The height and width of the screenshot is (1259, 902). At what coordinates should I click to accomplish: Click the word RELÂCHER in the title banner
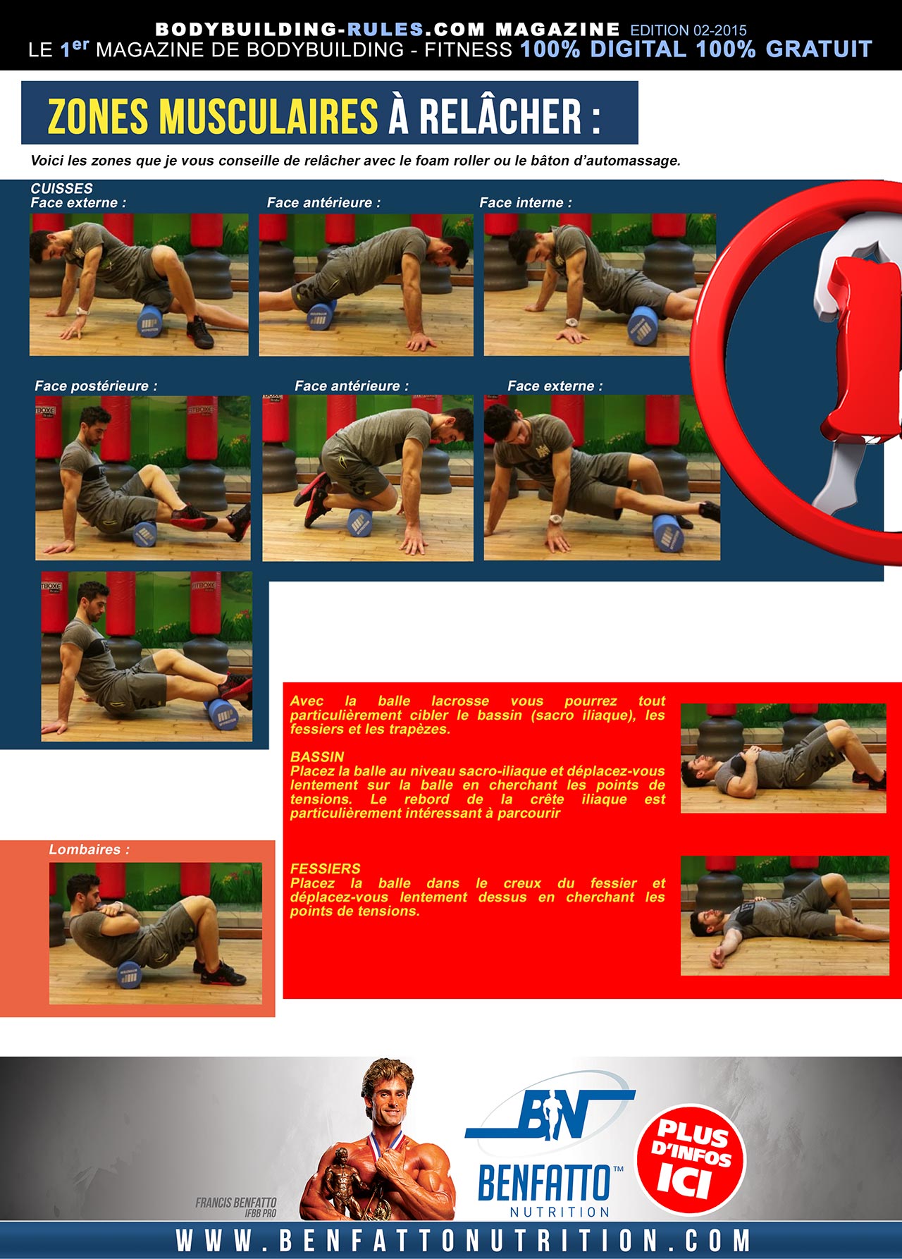(x=500, y=116)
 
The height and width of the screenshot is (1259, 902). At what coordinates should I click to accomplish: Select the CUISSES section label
(x=61, y=188)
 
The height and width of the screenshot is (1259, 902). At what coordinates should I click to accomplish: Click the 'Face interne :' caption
(x=526, y=202)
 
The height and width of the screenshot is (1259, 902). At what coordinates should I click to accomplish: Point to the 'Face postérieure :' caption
(x=96, y=386)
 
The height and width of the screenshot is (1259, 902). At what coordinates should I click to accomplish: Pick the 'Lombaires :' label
(x=89, y=849)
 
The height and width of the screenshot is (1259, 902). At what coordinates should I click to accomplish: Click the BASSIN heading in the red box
(x=317, y=756)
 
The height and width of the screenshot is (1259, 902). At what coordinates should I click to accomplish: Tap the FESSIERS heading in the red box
(x=325, y=868)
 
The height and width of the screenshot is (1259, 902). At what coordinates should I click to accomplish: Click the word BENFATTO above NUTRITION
(x=543, y=1182)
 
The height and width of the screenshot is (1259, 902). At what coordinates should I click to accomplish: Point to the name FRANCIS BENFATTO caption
(x=236, y=1203)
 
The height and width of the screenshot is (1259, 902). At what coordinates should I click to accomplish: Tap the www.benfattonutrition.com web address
(x=462, y=1241)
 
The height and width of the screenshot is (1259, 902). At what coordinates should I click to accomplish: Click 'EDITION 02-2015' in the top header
(x=688, y=30)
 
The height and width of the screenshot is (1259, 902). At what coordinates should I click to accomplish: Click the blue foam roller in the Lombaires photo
(x=130, y=975)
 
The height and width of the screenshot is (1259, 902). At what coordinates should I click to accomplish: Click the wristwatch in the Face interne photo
(x=571, y=323)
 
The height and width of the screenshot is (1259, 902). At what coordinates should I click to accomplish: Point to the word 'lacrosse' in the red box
(x=460, y=701)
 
